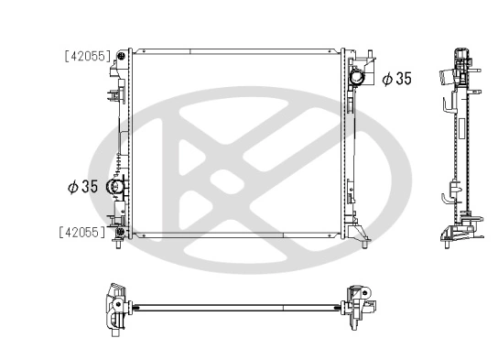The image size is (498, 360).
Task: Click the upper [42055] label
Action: click(88, 56)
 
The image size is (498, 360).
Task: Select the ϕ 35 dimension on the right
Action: click(396, 79)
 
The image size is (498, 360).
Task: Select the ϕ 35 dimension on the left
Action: click(82, 187)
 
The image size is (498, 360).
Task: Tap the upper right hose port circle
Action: click(357, 79)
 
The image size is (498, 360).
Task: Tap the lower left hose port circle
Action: click(116, 188)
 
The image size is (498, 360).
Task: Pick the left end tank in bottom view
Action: click(116, 306)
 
